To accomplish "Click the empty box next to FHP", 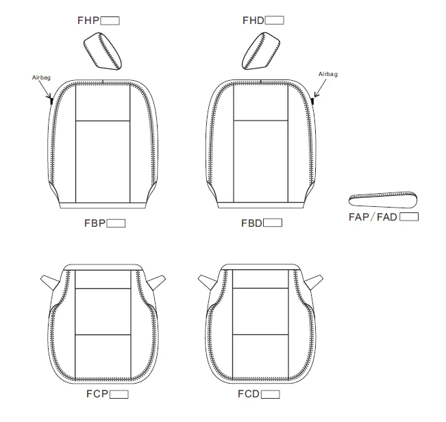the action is click(x=110, y=21).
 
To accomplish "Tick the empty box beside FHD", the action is click(x=274, y=21).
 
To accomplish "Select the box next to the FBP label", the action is click(x=116, y=223).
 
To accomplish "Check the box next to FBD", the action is click(x=273, y=223).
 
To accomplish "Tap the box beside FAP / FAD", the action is click(x=409, y=217).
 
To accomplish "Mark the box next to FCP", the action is click(x=119, y=395).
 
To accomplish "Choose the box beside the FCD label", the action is click(x=270, y=395).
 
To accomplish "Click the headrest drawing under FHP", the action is click(x=103, y=51).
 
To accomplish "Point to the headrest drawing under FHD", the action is click(x=261, y=51).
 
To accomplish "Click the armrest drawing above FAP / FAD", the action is click(x=383, y=199).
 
